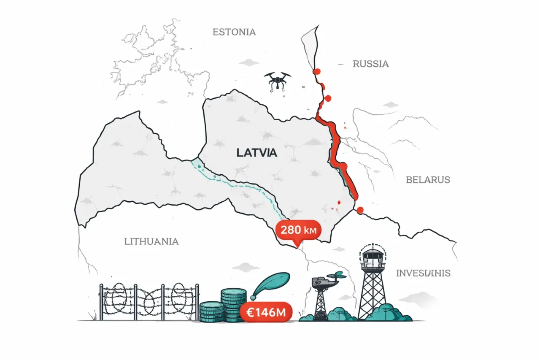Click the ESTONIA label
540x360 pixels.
point(234,32)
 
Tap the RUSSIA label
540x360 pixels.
point(370,64)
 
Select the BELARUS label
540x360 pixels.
point(428,180)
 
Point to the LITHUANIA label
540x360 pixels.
point(151,241)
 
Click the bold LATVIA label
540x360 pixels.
point(256,153)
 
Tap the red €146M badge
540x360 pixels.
point(265,313)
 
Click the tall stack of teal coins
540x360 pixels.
point(233,304)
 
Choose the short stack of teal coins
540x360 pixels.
point(211,311)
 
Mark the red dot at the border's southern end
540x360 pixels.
point(360,210)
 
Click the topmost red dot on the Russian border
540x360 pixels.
point(316,71)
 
